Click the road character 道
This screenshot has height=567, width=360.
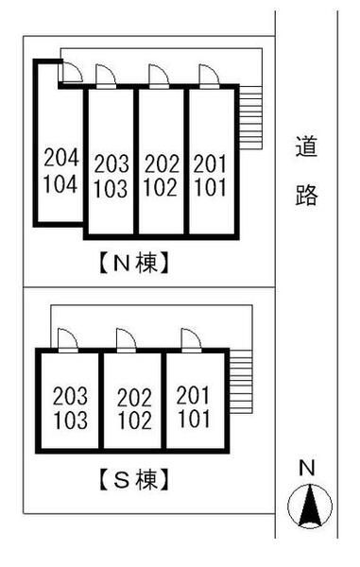(x=305, y=148)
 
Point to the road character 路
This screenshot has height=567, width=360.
(x=305, y=196)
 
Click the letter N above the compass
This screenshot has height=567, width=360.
(x=305, y=467)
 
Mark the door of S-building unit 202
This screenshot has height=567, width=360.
(x=126, y=340)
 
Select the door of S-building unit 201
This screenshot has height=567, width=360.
(x=188, y=340)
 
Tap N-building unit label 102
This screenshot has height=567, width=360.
(x=161, y=187)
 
